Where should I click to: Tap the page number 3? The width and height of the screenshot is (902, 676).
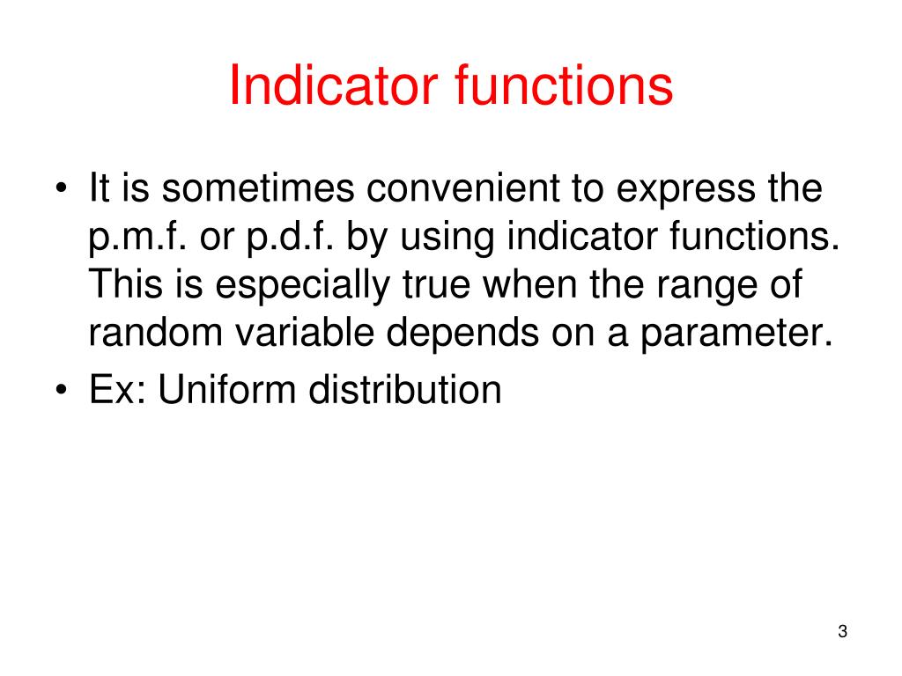pyautogui.click(x=842, y=631)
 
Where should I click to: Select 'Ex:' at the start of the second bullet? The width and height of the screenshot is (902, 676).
pyautogui.click(x=118, y=390)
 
